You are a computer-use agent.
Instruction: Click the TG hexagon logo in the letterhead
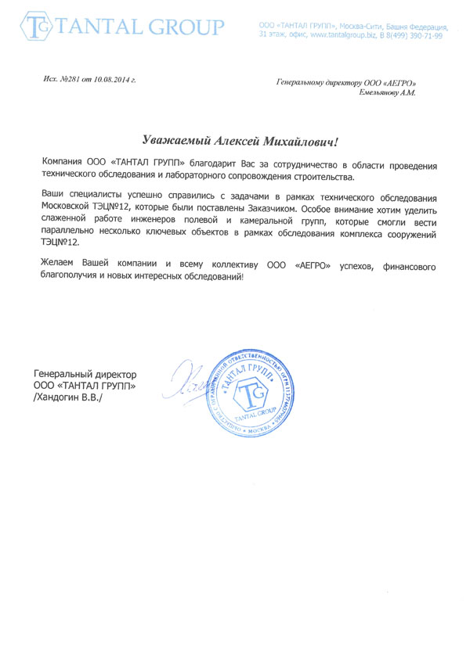(35, 27)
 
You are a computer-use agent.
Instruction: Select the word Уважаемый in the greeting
(176, 141)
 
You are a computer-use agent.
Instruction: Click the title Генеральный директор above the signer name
(86, 375)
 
